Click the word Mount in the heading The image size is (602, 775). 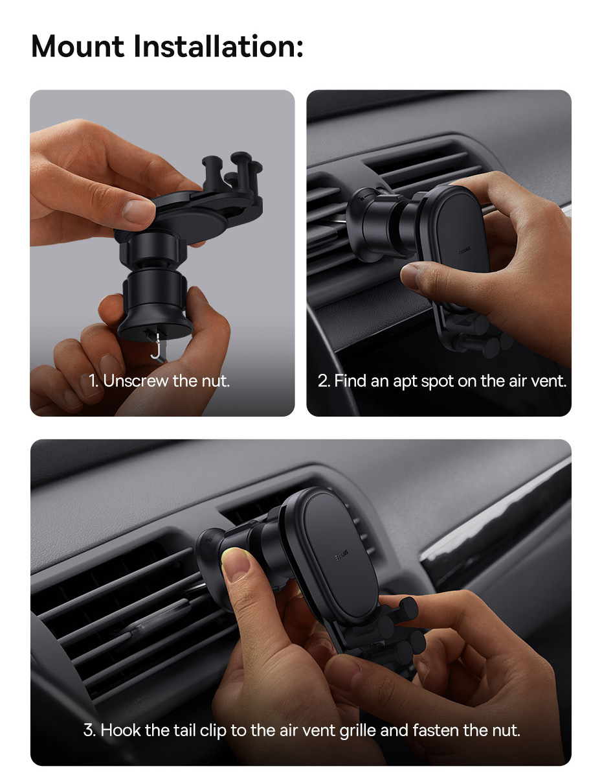[78, 47]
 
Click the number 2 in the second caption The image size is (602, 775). [324, 381]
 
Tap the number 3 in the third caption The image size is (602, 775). [89, 730]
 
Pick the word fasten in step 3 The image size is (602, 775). [436, 730]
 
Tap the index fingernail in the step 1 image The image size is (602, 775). [139, 210]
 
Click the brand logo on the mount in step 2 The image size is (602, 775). [463, 251]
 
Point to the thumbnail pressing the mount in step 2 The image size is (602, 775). [409, 275]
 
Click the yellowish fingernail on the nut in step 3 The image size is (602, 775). [236, 563]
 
